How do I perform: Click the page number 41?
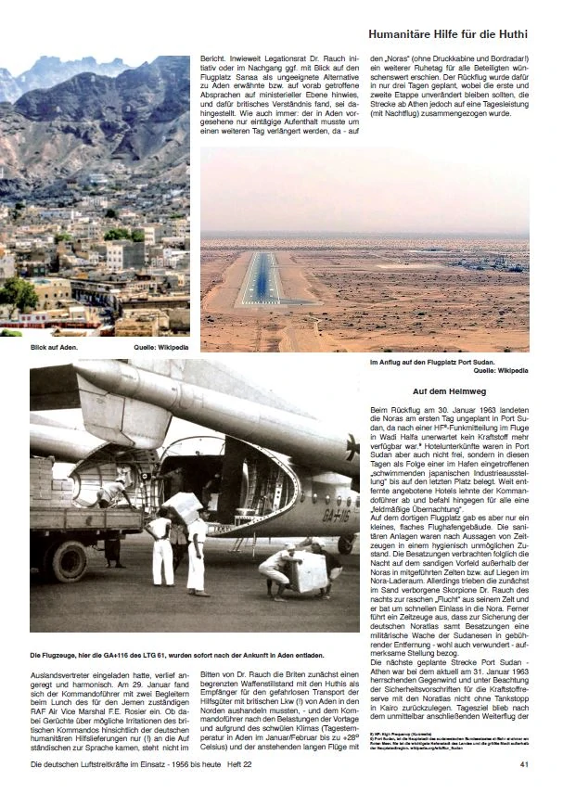tap(523, 764)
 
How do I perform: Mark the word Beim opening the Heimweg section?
tap(378, 408)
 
